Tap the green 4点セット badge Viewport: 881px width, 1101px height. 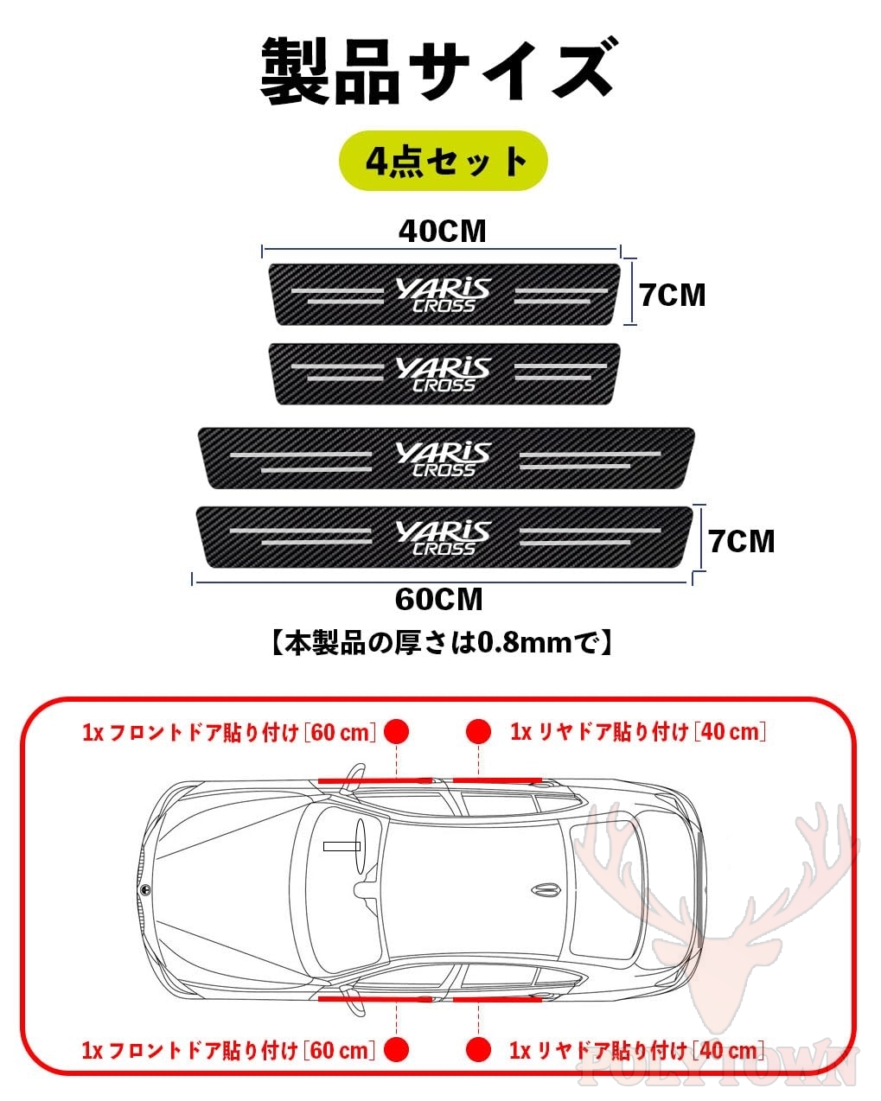click(x=444, y=161)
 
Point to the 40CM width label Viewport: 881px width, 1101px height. click(x=443, y=232)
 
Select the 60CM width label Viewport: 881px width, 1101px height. click(x=438, y=599)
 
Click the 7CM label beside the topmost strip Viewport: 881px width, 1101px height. click(x=673, y=296)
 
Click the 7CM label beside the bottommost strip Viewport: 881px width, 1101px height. click(x=742, y=541)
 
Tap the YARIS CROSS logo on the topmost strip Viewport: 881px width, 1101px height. click(x=444, y=295)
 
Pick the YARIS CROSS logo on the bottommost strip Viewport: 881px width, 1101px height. click(x=444, y=538)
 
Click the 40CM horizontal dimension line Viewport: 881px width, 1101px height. click(x=441, y=250)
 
